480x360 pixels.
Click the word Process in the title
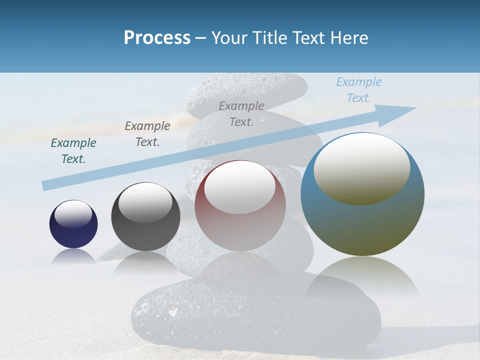click(157, 38)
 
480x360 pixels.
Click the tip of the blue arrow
click(414, 108)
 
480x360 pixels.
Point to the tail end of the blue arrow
click(44, 186)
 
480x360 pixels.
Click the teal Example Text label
click(73, 151)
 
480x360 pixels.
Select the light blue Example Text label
click(358, 90)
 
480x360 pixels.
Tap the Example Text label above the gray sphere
click(147, 134)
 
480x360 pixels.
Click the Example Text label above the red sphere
click(241, 113)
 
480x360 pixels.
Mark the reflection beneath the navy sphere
click(73, 256)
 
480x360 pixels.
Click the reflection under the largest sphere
click(362, 275)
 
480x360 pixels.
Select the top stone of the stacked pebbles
click(246, 92)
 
